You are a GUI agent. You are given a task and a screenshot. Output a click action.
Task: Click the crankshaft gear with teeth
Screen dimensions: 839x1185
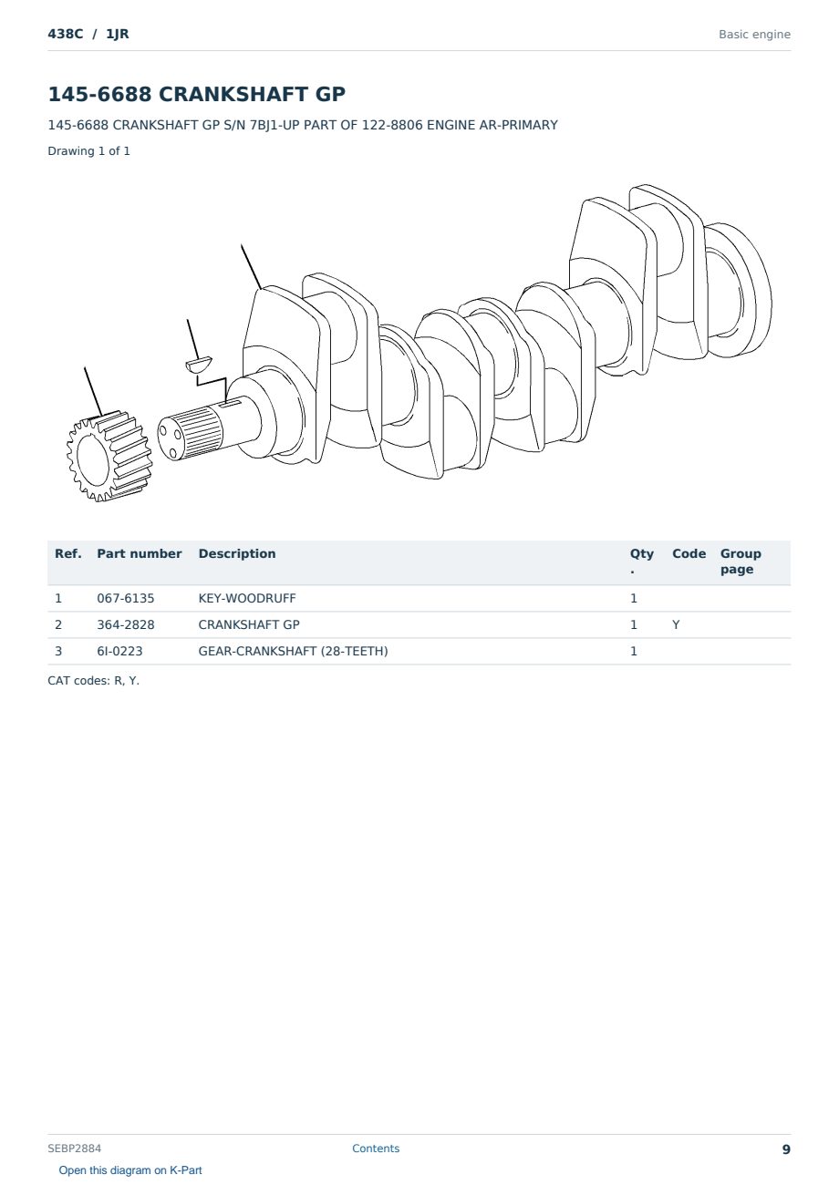[x=109, y=456]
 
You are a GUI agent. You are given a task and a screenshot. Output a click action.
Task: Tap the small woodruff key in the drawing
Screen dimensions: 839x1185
[x=199, y=364]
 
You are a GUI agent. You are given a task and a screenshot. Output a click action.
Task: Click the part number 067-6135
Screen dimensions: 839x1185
[x=126, y=598]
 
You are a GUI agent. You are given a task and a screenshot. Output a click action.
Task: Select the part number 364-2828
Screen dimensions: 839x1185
[x=126, y=624]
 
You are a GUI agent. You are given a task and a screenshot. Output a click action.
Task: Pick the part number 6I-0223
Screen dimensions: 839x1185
[x=119, y=651]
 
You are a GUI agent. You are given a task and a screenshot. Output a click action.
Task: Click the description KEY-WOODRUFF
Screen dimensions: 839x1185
[x=247, y=598]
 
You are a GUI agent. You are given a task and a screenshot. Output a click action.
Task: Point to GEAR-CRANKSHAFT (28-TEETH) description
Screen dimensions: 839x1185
[x=294, y=651]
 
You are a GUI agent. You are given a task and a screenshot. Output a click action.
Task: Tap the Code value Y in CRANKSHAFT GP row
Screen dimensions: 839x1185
[x=676, y=624]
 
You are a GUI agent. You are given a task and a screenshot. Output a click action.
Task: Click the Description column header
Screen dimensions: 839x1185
[x=237, y=554]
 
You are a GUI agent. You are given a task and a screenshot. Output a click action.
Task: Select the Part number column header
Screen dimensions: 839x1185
[x=140, y=554]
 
